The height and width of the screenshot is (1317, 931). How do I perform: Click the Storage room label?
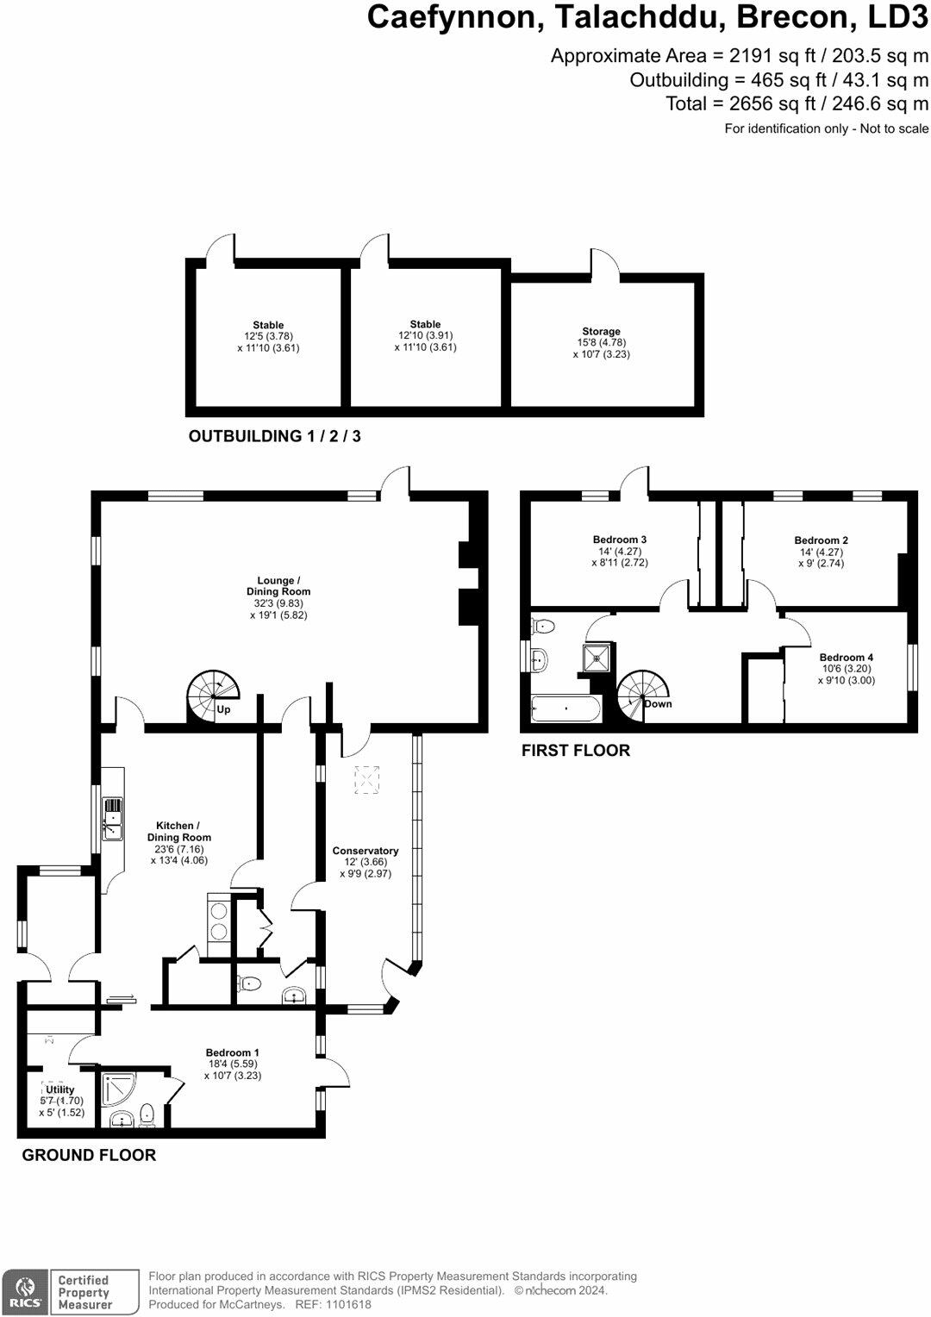point(601,332)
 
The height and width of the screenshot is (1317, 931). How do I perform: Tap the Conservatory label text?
point(366,851)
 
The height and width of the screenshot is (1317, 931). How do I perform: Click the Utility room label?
point(60,1089)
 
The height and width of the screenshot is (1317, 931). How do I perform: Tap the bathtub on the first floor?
point(565,709)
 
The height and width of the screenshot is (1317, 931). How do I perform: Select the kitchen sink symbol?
point(112,820)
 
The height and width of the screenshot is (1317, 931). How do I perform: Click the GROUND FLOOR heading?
point(89,1155)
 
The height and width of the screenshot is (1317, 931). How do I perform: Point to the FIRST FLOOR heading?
point(576,751)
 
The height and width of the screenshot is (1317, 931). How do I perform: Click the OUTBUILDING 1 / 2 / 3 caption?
point(275,436)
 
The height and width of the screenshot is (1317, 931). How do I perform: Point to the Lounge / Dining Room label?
point(278,586)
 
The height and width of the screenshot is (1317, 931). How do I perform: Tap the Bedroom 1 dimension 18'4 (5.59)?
point(232,1064)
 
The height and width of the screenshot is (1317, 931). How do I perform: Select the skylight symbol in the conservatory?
point(367,780)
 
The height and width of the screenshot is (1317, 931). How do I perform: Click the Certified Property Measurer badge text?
point(84,1293)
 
